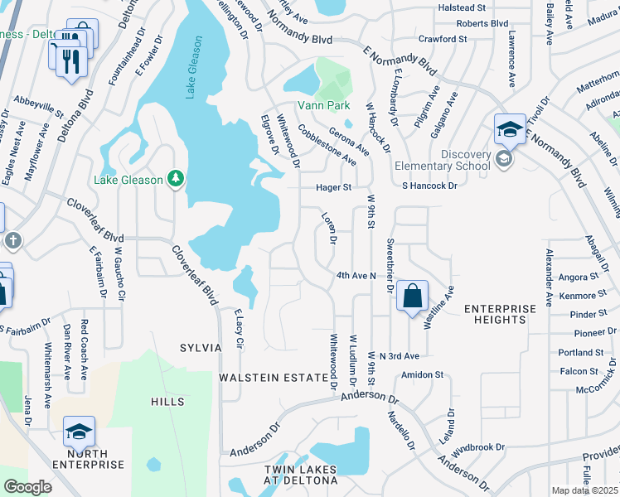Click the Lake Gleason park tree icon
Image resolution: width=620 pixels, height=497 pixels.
pyautogui.click(x=176, y=178)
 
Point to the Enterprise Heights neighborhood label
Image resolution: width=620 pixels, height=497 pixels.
pyautogui.click(x=500, y=314)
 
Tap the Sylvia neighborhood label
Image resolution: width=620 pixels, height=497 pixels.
pyautogui.click(x=201, y=348)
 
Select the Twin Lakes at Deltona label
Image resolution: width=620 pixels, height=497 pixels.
pyautogui.click(x=301, y=475)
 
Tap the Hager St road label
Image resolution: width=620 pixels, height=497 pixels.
pyautogui.click(x=334, y=188)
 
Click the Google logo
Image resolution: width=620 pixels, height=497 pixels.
pyautogui.click(x=27, y=487)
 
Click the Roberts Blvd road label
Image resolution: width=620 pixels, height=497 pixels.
pyautogui.click(x=482, y=24)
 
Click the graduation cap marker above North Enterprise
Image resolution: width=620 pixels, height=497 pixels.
pyautogui.click(x=79, y=432)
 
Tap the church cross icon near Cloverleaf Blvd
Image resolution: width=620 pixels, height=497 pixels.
pyautogui.click(x=13, y=240)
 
